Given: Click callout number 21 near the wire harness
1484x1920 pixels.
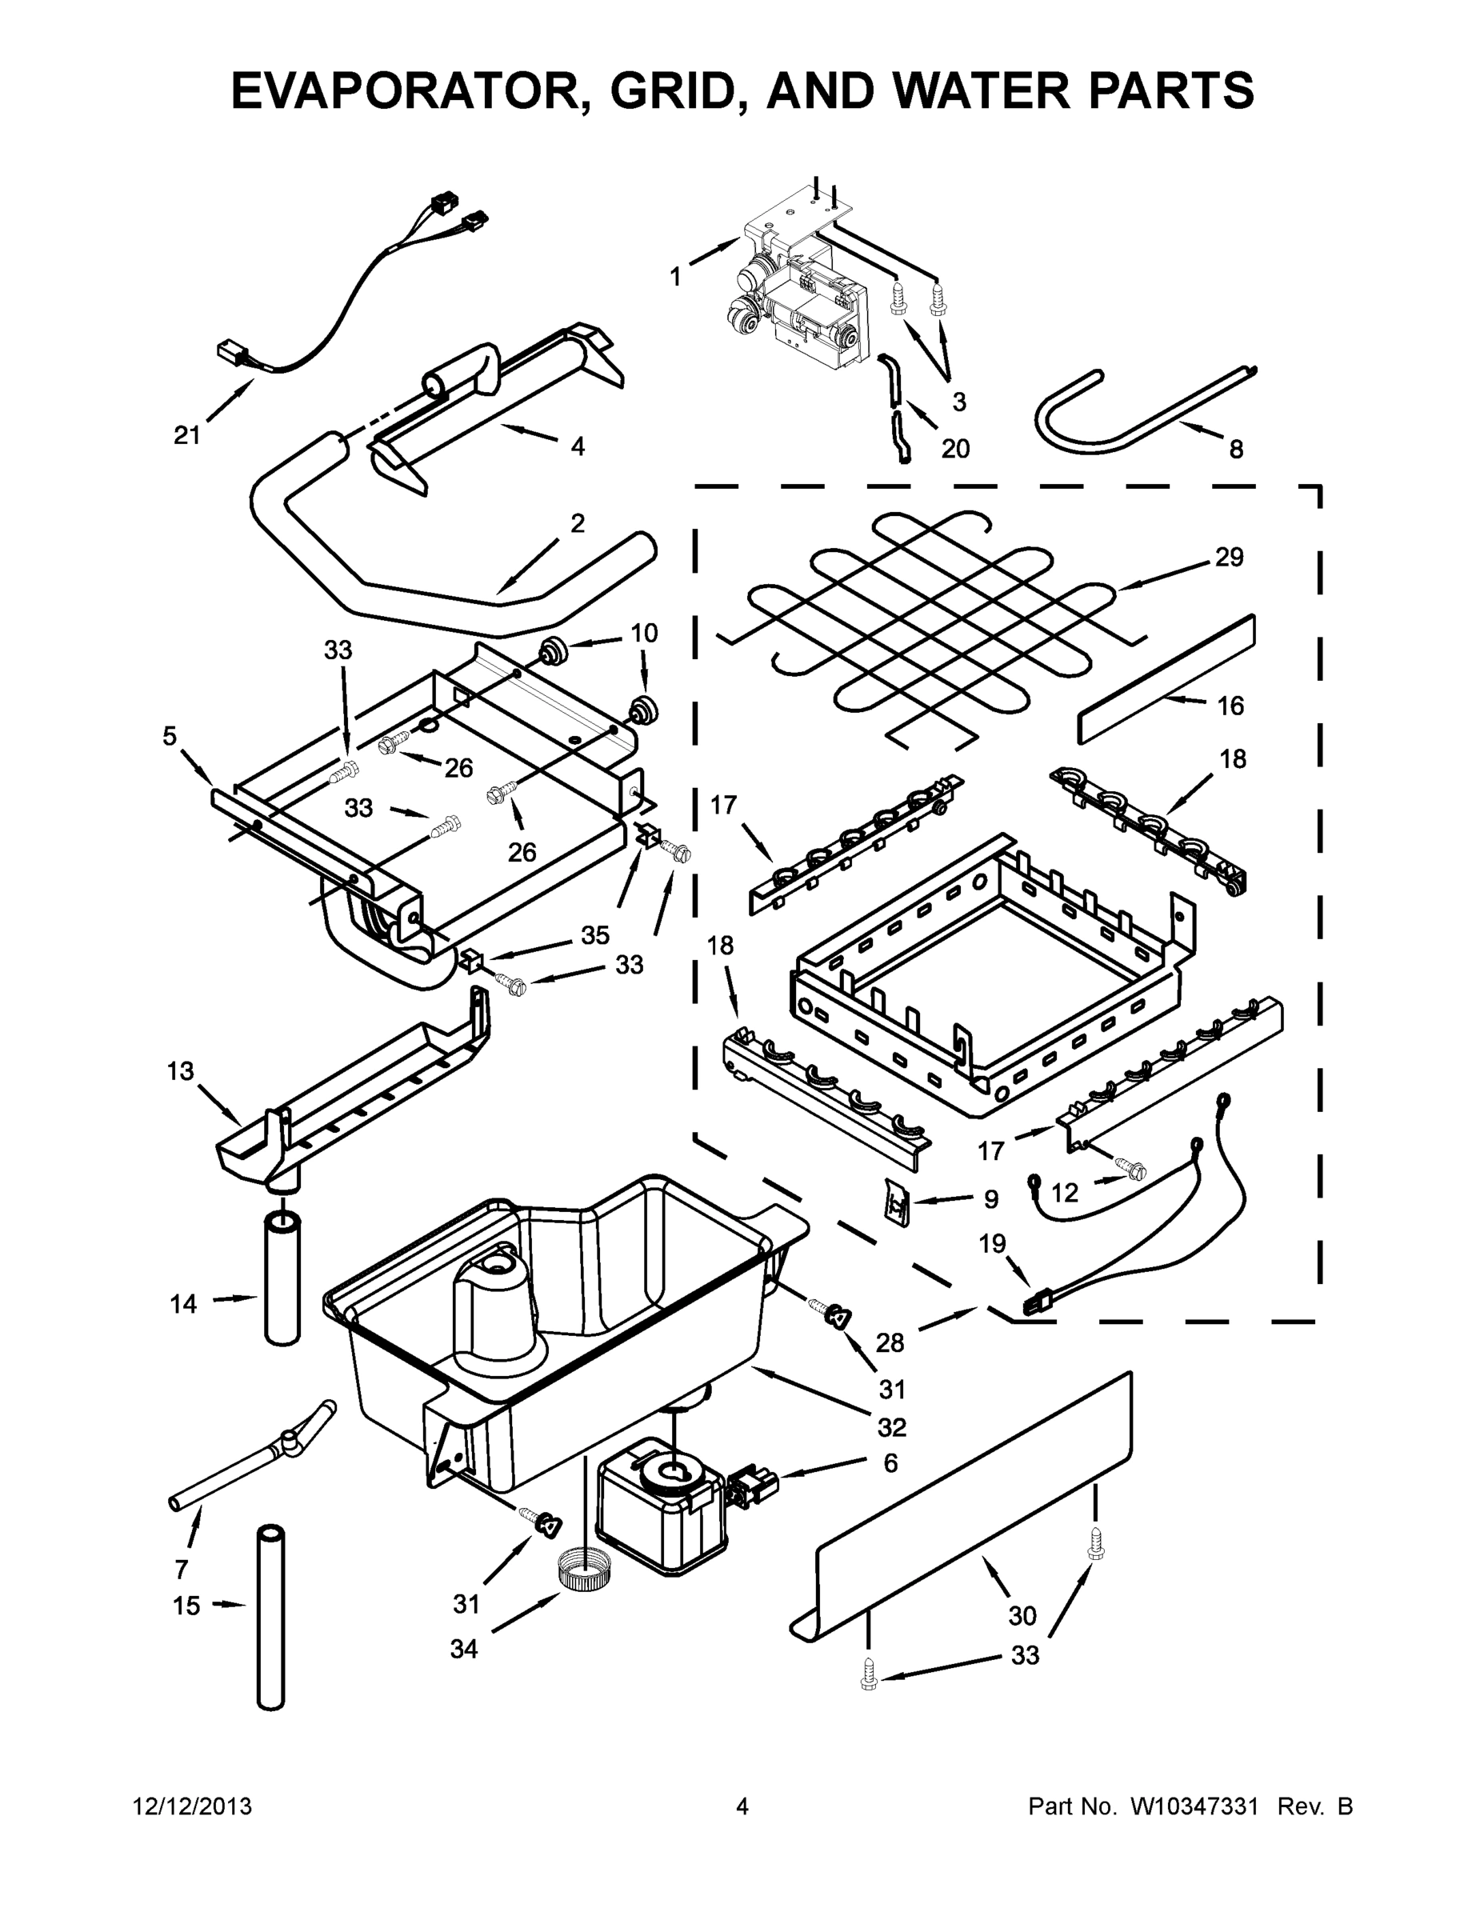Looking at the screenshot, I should tap(187, 435).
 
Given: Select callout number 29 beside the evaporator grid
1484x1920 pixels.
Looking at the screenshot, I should tap(1228, 557).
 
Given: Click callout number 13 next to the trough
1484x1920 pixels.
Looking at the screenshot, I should tap(180, 1070).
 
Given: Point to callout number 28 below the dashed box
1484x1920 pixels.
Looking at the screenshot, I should tap(889, 1342).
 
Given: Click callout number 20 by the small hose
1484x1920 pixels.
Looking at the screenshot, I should tap(954, 448).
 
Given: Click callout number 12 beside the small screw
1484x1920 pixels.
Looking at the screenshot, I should tap(1064, 1193).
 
